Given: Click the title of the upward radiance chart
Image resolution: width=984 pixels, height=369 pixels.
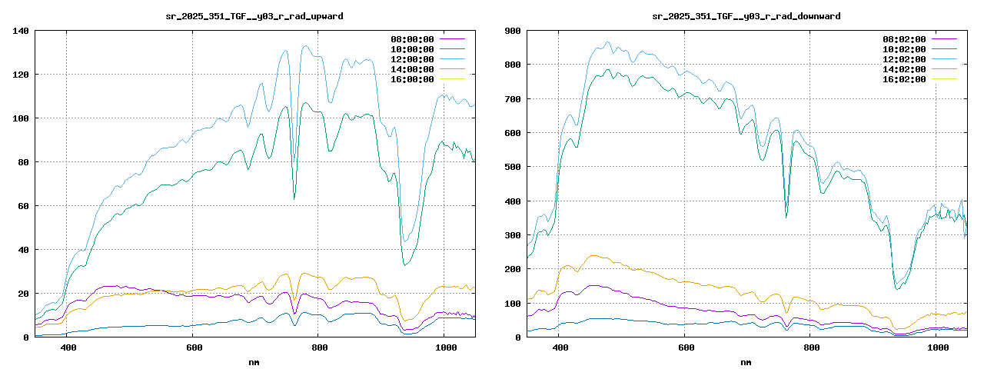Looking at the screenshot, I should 254,16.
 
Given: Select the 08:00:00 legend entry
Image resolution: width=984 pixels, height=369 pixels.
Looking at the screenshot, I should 412,38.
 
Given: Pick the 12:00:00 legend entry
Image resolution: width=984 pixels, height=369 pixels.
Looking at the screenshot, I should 412,58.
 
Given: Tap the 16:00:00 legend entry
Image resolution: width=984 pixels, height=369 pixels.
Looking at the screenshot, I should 412,78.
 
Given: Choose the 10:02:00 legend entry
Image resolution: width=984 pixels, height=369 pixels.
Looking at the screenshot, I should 904,48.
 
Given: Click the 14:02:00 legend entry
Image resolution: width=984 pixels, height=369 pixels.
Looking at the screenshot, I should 904,68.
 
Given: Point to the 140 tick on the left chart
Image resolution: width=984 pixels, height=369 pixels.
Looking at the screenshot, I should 21,31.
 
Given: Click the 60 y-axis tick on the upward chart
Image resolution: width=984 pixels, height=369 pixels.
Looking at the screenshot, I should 23,206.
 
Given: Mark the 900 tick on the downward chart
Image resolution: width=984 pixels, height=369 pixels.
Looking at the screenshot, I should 513,31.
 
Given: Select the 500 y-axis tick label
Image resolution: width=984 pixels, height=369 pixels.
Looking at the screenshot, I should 513,167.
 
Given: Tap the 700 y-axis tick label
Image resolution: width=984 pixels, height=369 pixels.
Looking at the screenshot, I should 513,99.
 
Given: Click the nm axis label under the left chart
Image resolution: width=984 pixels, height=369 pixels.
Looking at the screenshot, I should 254,361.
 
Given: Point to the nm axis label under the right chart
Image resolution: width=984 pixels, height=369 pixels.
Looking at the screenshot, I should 746,361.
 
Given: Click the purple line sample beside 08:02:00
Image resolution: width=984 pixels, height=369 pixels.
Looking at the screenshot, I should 945,38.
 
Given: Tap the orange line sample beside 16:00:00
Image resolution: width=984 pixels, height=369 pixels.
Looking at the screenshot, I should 453,78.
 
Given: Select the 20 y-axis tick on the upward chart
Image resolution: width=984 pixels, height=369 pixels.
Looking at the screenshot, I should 23,294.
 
